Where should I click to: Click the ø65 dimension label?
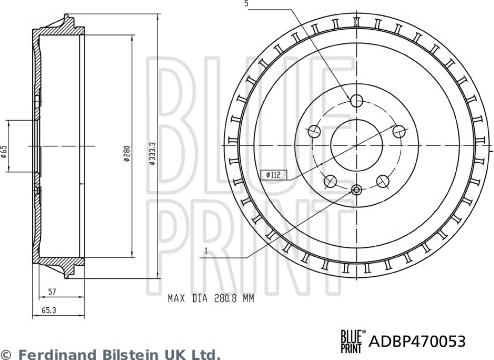tap(7, 150)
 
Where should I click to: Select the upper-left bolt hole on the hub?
tap(314, 130)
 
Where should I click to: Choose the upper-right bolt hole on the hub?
tap(399, 130)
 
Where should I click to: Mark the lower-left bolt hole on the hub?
tap(330, 181)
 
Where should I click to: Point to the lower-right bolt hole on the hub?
tap(382, 181)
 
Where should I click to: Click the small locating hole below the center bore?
tap(357, 189)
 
